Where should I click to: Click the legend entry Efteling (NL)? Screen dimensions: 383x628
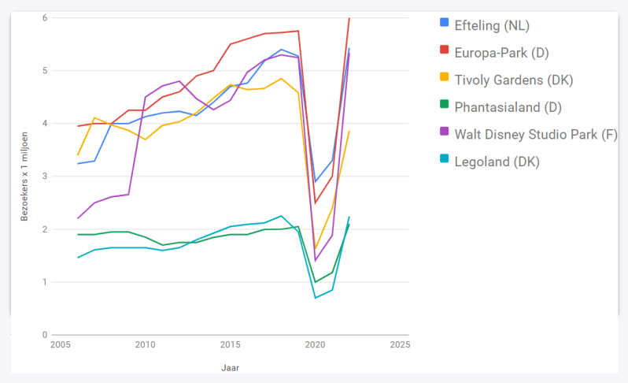pos(492,25)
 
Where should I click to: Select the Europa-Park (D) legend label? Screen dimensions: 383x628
pos(501,53)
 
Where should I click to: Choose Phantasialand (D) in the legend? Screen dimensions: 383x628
pos(508,107)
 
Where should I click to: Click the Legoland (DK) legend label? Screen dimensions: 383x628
pos(497,162)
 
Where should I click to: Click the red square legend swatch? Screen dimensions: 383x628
pos(444,53)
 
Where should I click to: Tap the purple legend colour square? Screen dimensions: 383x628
pos(444,135)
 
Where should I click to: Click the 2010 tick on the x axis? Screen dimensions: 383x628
pos(144,345)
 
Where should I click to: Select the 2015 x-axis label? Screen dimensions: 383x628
pos(229,345)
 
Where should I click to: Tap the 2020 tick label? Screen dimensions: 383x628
pos(315,345)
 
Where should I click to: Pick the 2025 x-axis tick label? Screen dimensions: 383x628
pos(400,345)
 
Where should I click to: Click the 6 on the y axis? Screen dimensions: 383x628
pos(44,18)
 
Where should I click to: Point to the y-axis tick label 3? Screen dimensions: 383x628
pos(44,177)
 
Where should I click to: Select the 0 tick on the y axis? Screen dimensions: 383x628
pos(44,335)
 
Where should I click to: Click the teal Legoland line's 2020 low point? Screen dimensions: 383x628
pos(315,297)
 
